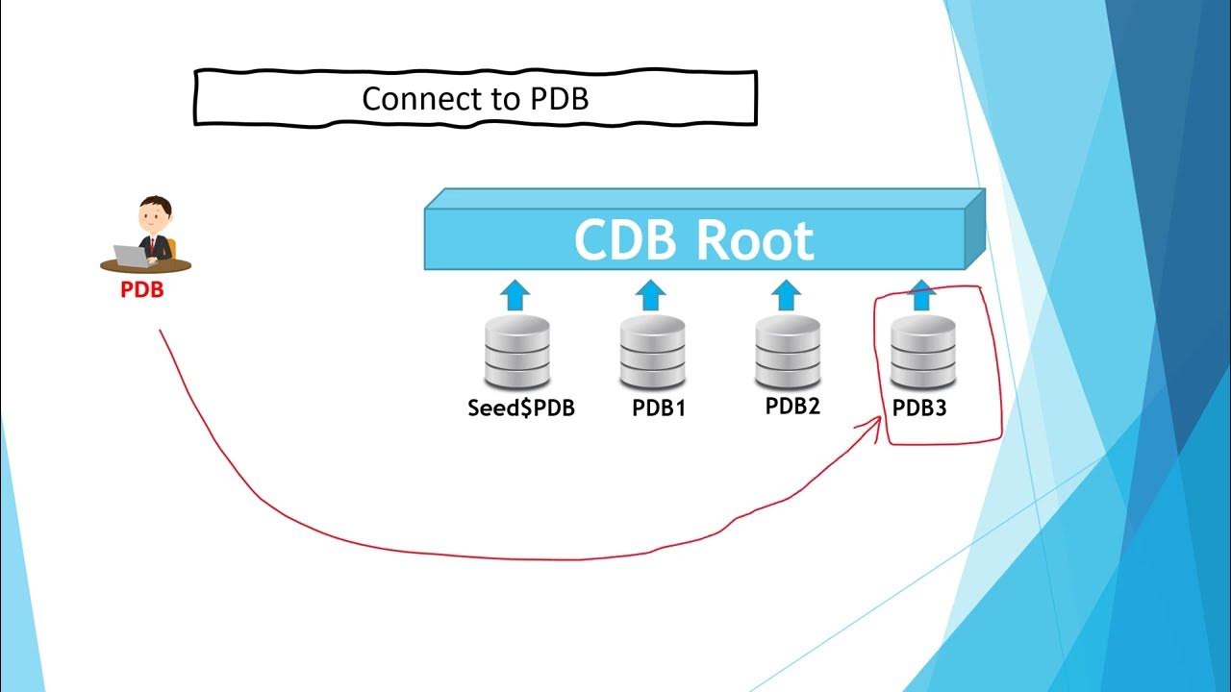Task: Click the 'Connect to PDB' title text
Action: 474,98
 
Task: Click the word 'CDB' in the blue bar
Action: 626,239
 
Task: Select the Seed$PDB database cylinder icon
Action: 517,352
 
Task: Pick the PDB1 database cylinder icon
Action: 652,352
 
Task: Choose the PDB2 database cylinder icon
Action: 788,352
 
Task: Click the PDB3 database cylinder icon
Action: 922,352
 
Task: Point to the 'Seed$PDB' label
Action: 521,408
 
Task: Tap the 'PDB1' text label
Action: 659,408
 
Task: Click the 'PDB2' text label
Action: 792,406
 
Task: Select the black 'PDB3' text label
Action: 919,408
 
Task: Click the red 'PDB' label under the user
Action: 141,289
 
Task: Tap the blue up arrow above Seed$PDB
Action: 516,294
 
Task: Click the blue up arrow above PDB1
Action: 651,294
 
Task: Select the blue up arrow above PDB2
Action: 786,294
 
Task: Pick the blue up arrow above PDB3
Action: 921,294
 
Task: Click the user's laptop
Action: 130,255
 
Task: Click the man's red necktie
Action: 151,246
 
